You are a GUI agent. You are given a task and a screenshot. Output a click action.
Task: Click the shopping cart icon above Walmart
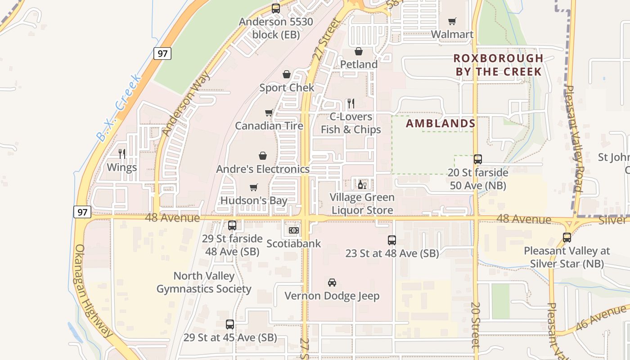[x=452, y=21]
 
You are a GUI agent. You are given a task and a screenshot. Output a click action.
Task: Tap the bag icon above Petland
[x=359, y=51]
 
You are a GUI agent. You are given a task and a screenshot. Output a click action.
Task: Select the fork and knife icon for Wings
[x=122, y=154]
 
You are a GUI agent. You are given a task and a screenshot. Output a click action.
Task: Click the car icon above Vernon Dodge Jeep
[x=332, y=283]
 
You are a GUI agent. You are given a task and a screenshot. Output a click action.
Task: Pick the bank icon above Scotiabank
[x=293, y=230]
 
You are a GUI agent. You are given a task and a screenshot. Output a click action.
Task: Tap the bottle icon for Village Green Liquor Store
[x=362, y=184]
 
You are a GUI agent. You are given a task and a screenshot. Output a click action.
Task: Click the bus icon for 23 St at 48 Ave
[x=392, y=240]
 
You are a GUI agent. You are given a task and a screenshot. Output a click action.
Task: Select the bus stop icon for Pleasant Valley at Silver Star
[x=567, y=238]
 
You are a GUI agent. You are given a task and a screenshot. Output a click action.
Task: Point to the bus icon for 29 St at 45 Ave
[x=230, y=324]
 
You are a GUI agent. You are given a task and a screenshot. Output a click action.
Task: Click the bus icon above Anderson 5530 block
[x=276, y=9]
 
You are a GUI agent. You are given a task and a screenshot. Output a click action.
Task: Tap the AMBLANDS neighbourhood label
[x=441, y=123]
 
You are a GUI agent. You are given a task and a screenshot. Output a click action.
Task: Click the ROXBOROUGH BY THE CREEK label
[x=498, y=65]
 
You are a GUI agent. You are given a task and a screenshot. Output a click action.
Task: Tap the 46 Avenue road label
[x=601, y=318]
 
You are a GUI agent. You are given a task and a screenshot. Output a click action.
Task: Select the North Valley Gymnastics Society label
[x=204, y=282]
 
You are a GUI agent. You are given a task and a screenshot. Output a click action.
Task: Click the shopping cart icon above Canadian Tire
[x=269, y=112]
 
